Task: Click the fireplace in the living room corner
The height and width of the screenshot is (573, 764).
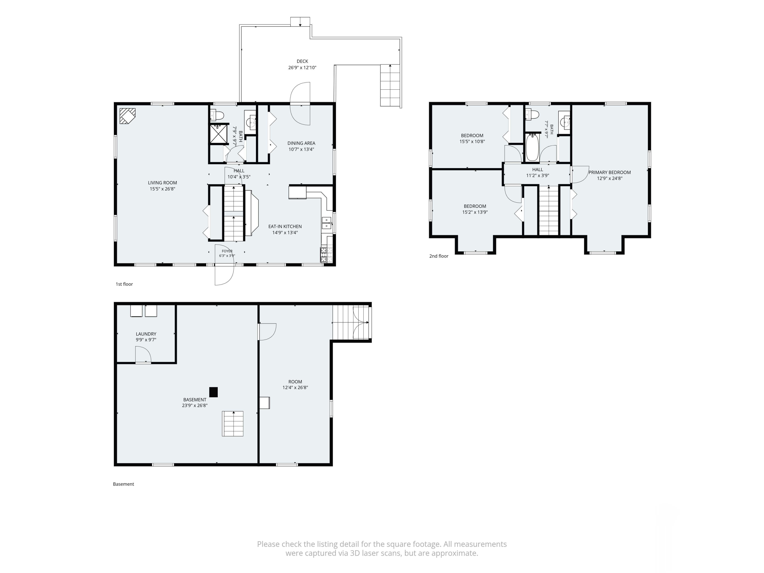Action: click(127, 116)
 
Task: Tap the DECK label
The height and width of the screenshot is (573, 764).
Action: click(302, 61)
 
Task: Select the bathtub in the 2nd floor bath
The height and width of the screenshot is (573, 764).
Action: click(532, 147)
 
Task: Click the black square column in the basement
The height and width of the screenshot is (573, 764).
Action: click(213, 392)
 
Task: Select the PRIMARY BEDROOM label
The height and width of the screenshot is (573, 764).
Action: click(610, 172)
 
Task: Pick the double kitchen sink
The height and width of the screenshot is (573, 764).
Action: click(327, 223)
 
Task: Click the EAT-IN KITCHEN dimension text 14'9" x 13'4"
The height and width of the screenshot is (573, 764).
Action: click(285, 233)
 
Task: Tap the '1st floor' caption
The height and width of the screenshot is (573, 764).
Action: click(124, 284)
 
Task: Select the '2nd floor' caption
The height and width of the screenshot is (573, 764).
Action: click(439, 256)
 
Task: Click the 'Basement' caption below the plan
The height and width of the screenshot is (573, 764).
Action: click(123, 484)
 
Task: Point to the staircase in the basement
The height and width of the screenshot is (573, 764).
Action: click(233, 424)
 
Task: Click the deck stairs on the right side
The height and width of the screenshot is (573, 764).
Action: click(390, 85)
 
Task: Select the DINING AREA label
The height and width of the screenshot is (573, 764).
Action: click(301, 143)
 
